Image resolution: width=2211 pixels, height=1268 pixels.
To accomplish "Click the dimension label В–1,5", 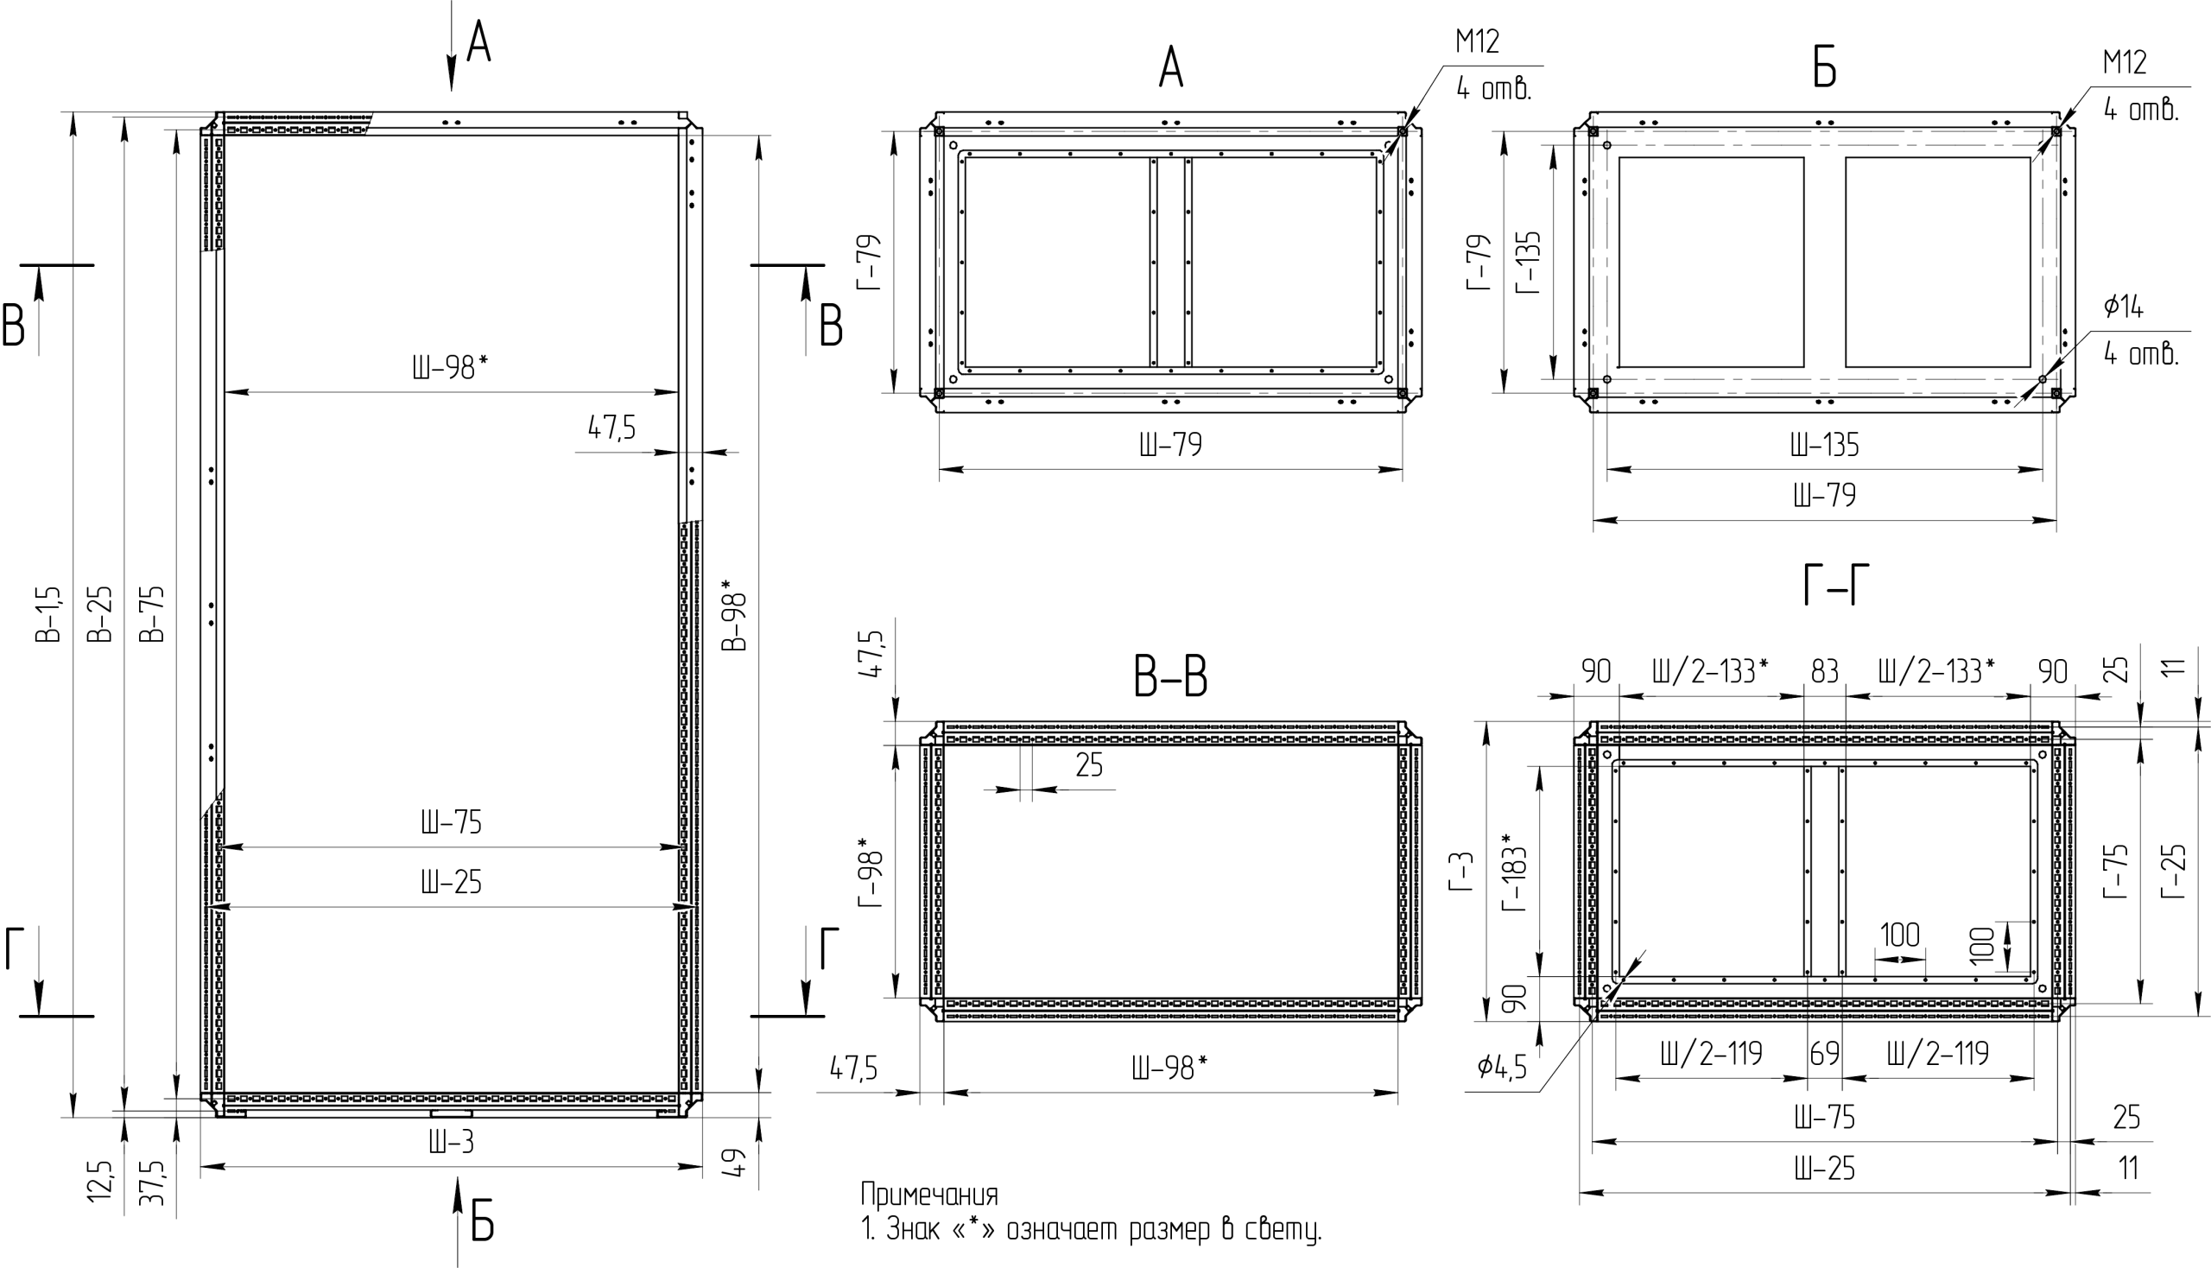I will (49, 614).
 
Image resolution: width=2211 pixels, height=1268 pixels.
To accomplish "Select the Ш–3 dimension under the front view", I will (451, 1142).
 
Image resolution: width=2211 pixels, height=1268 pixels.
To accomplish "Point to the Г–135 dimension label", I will (1529, 262).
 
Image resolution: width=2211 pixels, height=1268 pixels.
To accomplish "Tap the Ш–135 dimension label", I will (1824, 446).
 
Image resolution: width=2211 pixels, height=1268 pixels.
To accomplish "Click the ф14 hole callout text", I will (2123, 307).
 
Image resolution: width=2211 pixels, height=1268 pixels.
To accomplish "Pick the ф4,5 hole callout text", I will (1502, 1067).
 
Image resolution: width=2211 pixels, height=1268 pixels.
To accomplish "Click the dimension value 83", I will (1824, 671).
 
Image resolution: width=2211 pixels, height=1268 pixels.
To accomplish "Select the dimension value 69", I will (1824, 1054).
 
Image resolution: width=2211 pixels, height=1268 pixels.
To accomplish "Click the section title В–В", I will (1170, 676).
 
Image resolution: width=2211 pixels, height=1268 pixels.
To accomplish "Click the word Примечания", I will (929, 1194).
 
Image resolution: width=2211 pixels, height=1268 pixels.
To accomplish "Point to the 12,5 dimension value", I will (100, 1180).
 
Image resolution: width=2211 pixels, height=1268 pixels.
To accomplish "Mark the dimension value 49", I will (736, 1163).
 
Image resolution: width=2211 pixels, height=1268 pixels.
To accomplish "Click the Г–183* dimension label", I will (1515, 872).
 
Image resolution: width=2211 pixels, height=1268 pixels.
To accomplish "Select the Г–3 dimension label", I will (1461, 872).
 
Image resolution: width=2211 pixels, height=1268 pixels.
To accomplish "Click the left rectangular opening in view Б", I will (1710, 262).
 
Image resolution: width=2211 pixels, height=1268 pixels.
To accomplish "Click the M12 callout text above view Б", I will (2125, 63).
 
